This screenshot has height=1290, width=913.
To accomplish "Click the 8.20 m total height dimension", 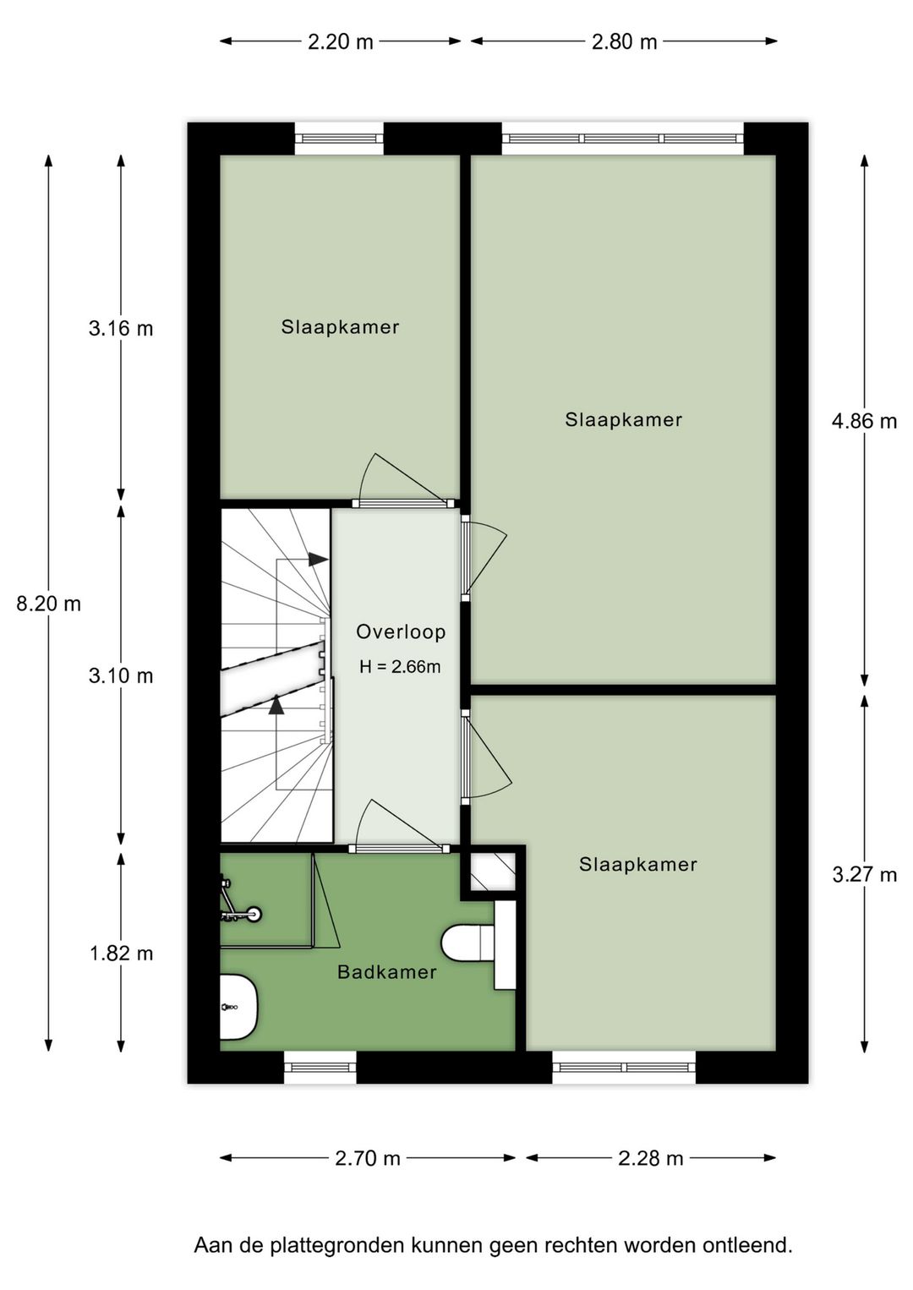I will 49,604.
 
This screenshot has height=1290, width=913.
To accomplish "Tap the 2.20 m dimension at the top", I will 340,41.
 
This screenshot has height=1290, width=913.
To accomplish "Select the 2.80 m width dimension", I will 624,41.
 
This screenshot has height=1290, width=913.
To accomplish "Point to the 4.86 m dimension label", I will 864,420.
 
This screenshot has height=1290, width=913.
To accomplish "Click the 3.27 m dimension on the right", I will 864,874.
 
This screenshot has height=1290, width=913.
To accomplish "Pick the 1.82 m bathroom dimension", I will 122,953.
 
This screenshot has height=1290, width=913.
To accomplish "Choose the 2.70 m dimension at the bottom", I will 368,1157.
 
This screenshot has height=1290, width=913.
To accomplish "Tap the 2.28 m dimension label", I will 650,1157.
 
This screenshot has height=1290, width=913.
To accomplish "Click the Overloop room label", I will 401,631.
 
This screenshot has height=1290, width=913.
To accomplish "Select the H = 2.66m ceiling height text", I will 400,667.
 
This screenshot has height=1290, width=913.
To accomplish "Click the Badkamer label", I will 387,972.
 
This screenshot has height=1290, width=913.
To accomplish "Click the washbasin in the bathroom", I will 236,1007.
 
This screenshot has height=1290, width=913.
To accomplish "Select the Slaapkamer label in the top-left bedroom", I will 340,327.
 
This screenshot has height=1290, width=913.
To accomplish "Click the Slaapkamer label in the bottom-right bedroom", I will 638,864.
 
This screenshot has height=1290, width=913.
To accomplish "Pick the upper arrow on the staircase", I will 317,559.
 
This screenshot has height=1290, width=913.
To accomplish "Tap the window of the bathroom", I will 320,1067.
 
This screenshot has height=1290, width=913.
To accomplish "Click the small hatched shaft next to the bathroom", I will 492,872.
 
